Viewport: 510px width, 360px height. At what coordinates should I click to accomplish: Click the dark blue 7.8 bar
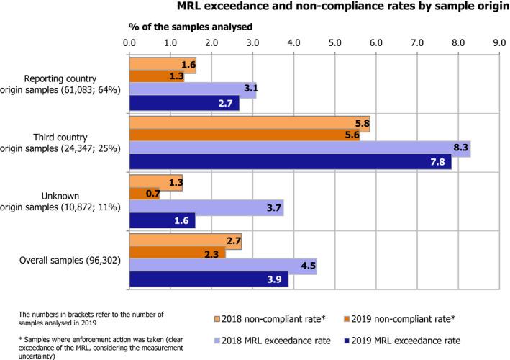point(290,163)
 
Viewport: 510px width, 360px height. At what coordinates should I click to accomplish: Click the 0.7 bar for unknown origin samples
point(144,194)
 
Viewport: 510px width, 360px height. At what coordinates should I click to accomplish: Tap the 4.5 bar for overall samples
point(222,267)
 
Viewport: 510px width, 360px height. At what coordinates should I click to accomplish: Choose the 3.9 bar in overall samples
point(208,279)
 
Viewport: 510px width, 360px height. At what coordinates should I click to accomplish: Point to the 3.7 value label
point(273,208)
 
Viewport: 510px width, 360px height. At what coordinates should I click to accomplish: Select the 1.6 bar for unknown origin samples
point(162,221)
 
